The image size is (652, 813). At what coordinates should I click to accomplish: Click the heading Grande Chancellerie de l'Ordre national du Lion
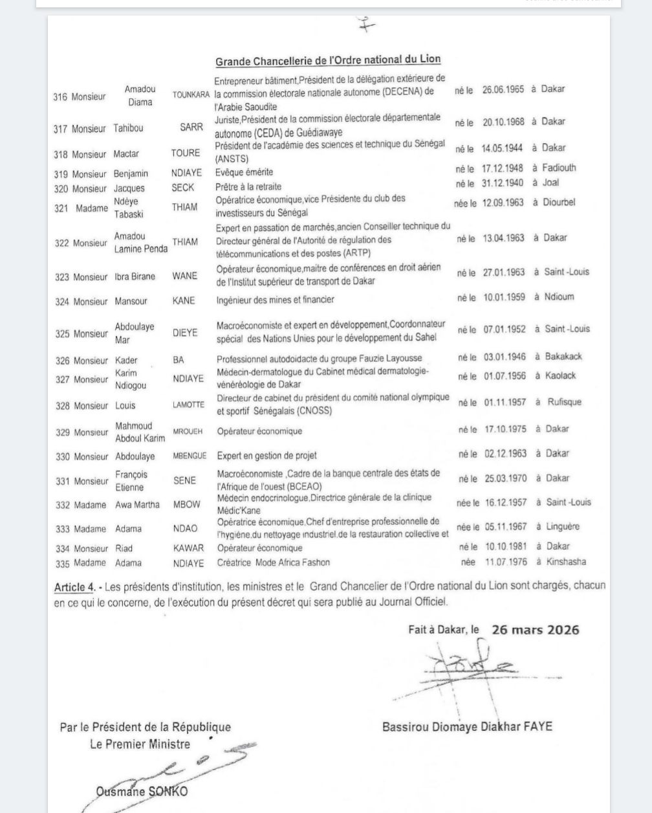pyautogui.click(x=328, y=60)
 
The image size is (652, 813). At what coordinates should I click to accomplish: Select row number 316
pyautogui.click(x=60, y=97)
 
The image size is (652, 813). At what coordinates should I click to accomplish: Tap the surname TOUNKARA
pyautogui.click(x=191, y=95)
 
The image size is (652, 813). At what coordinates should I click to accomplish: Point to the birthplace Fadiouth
pyautogui.click(x=559, y=168)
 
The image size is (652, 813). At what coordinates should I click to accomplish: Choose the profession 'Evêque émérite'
pyautogui.click(x=244, y=173)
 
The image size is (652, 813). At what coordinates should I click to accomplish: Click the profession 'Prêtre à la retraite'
pyautogui.click(x=248, y=186)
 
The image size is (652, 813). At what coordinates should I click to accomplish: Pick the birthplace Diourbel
pyautogui.click(x=559, y=203)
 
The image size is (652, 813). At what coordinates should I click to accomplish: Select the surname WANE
pyautogui.click(x=185, y=276)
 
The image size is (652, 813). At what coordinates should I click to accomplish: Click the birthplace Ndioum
pyautogui.click(x=558, y=297)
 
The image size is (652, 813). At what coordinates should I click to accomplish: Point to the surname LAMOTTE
pyautogui.click(x=188, y=405)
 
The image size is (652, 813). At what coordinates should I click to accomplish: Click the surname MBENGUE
pyautogui.click(x=190, y=456)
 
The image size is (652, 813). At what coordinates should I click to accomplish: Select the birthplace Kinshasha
pyautogui.click(x=565, y=562)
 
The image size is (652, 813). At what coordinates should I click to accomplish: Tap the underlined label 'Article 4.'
pyautogui.click(x=74, y=588)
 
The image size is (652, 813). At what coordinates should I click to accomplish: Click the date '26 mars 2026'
pyautogui.click(x=535, y=629)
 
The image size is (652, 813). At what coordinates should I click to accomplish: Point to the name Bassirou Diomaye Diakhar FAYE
pyautogui.click(x=467, y=726)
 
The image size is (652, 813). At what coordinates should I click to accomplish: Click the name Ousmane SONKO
pyautogui.click(x=142, y=791)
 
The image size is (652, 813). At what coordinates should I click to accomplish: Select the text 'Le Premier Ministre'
pyautogui.click(x=140, y=744)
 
